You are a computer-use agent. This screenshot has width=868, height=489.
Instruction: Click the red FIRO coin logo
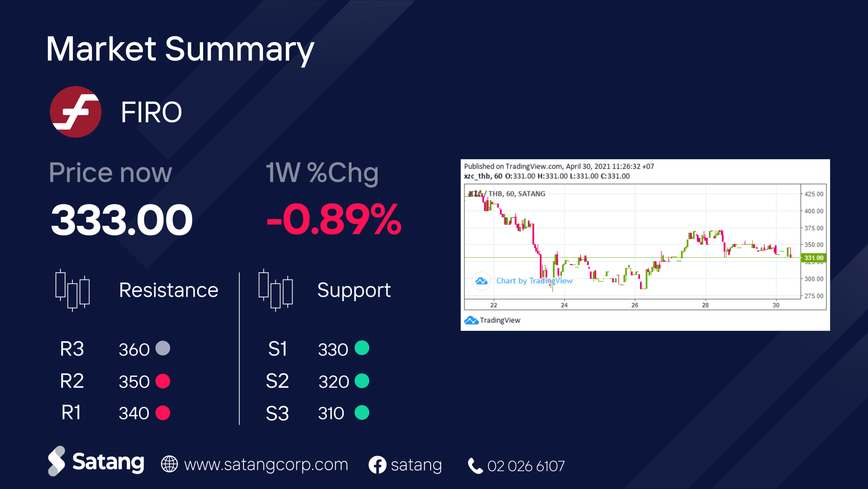coord(76,112)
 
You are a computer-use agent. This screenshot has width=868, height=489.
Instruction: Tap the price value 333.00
coord(122,220)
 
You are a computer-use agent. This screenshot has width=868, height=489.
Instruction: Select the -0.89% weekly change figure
coord(334,220)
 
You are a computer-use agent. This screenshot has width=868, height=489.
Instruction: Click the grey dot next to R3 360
coord(163,348)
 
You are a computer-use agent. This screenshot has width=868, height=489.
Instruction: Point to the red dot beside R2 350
coord(163,381)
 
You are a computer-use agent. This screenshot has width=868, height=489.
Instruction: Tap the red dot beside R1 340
coord(163,413)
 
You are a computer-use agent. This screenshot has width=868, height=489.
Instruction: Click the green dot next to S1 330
coord(362,348)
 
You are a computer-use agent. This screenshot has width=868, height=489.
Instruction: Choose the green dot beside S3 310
coord(362,412)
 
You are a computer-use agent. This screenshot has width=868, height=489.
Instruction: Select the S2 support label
coord(277,381)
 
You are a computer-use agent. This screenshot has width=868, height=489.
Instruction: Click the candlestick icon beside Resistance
coord(72,290)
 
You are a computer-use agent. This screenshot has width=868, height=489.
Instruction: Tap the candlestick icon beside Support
coord(276,290)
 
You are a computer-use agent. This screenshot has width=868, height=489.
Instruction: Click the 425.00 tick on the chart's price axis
coord(814,194)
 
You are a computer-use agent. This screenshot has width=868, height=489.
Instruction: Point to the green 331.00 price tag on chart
coord(814,258)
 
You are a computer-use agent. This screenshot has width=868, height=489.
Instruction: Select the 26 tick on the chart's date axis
coord(635,305)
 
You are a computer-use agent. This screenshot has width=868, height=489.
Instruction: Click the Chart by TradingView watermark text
coord(534,281)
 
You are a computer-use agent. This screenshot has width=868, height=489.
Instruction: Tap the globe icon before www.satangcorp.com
coord(169,464)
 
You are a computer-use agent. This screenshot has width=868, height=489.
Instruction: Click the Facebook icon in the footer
coord(377,465)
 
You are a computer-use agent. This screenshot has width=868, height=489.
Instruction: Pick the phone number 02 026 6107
coord(526,466)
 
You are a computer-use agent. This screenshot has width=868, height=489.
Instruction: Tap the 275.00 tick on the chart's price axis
coord(814,296)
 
